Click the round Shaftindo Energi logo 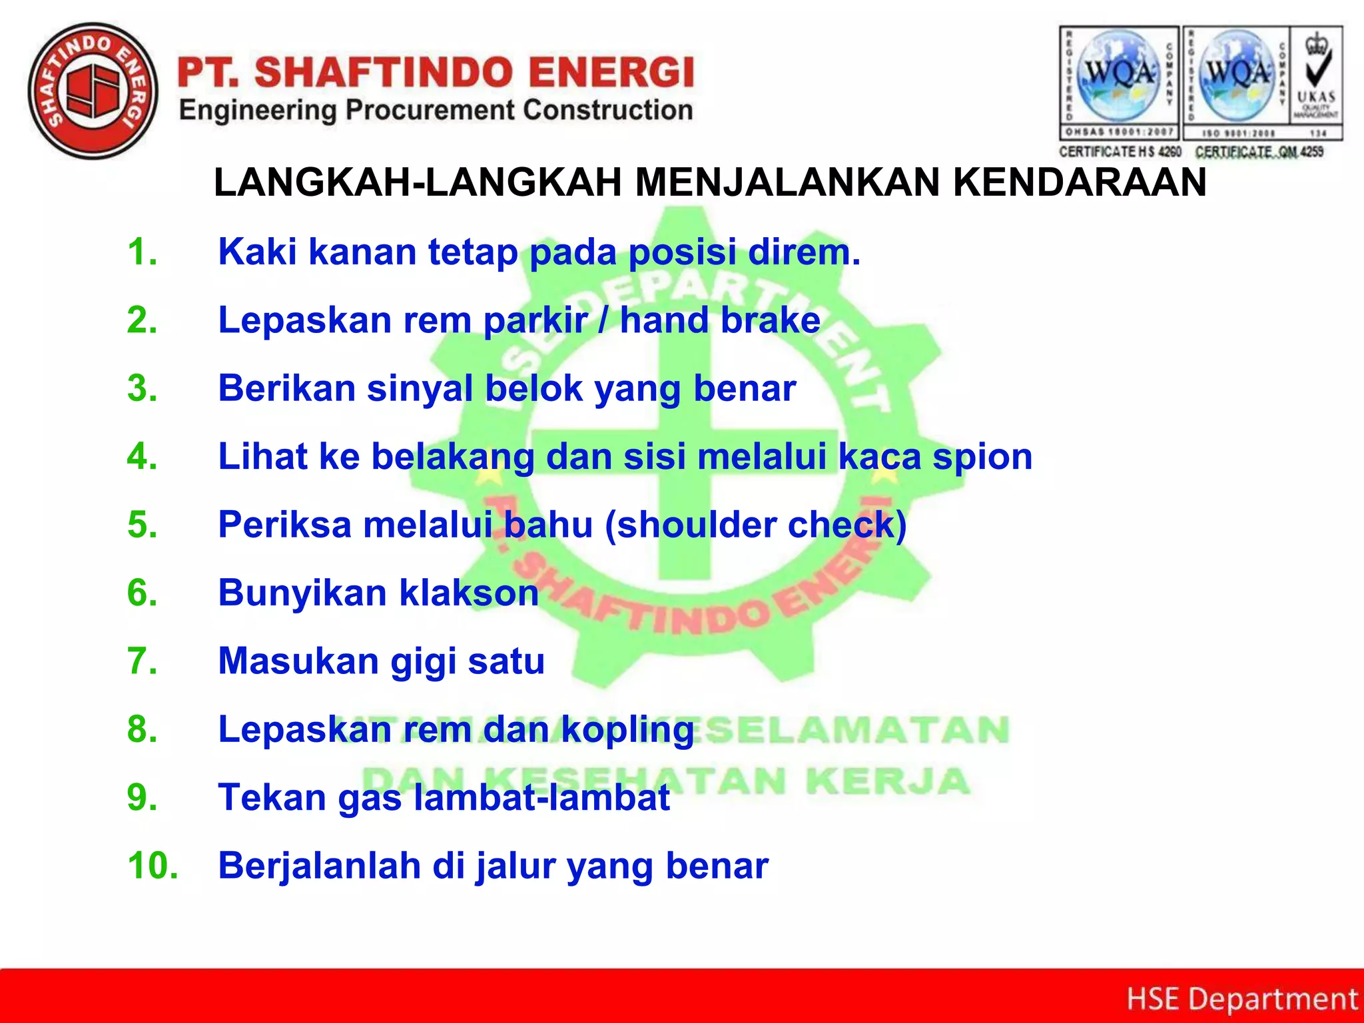pos(93,91)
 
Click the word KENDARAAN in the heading pos(1080,182)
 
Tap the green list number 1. pos(142,252)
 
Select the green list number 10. pos(153,866)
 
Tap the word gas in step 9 pos(370,799)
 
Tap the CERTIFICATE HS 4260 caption pos(1120,152)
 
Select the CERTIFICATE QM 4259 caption pos(1259,152)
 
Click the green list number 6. pos(142,593)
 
